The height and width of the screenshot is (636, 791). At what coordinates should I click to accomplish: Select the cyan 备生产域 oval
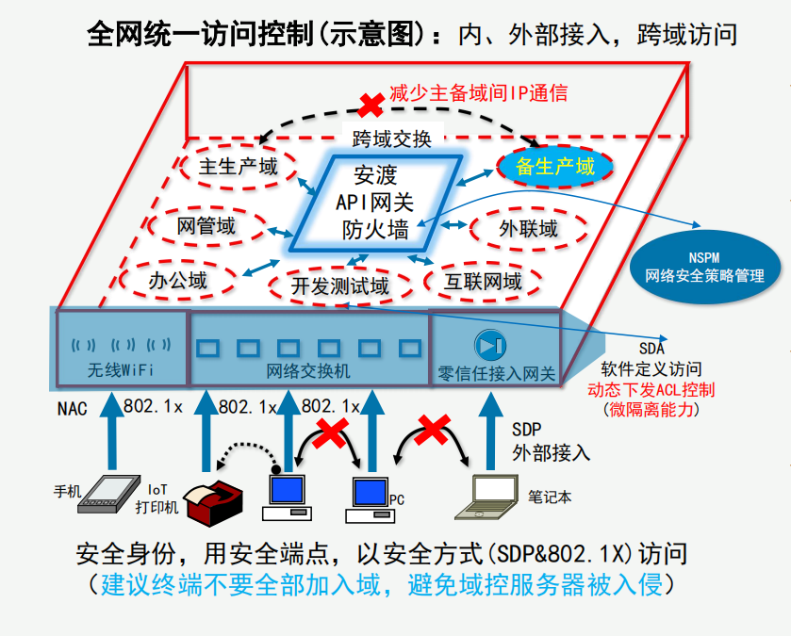coord(555,167)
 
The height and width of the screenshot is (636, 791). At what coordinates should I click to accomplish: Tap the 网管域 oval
coord(206,226)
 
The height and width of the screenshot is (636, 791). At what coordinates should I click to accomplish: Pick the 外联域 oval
coord(529,228)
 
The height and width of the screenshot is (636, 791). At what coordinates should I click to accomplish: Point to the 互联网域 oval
coord(484,282)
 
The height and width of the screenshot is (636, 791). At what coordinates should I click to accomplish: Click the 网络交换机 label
coord(308,371)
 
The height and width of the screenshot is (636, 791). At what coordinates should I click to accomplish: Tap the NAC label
coord(72,409)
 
